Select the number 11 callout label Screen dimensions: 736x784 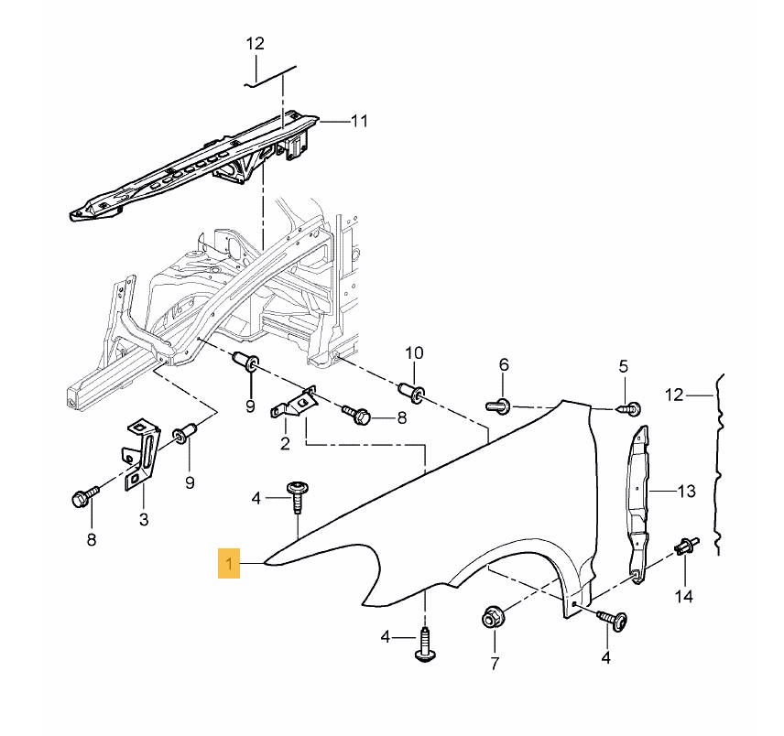[x=358, y=120]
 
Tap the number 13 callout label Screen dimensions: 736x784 [x=687, y=492]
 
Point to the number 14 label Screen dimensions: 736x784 [x=685, y=598]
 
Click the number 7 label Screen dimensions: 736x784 [x=495, y=662]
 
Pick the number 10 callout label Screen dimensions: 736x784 [x=414, y=352]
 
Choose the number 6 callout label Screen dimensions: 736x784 [x=503, y=365]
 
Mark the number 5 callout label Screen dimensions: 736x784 [x=624, y=366]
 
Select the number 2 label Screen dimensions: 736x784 [x=285, y=444]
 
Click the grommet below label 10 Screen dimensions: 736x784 [x=416, y=394]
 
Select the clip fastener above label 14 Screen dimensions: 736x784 [x=685, y=547]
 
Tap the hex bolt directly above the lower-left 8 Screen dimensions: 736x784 [x=82, y=498]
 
